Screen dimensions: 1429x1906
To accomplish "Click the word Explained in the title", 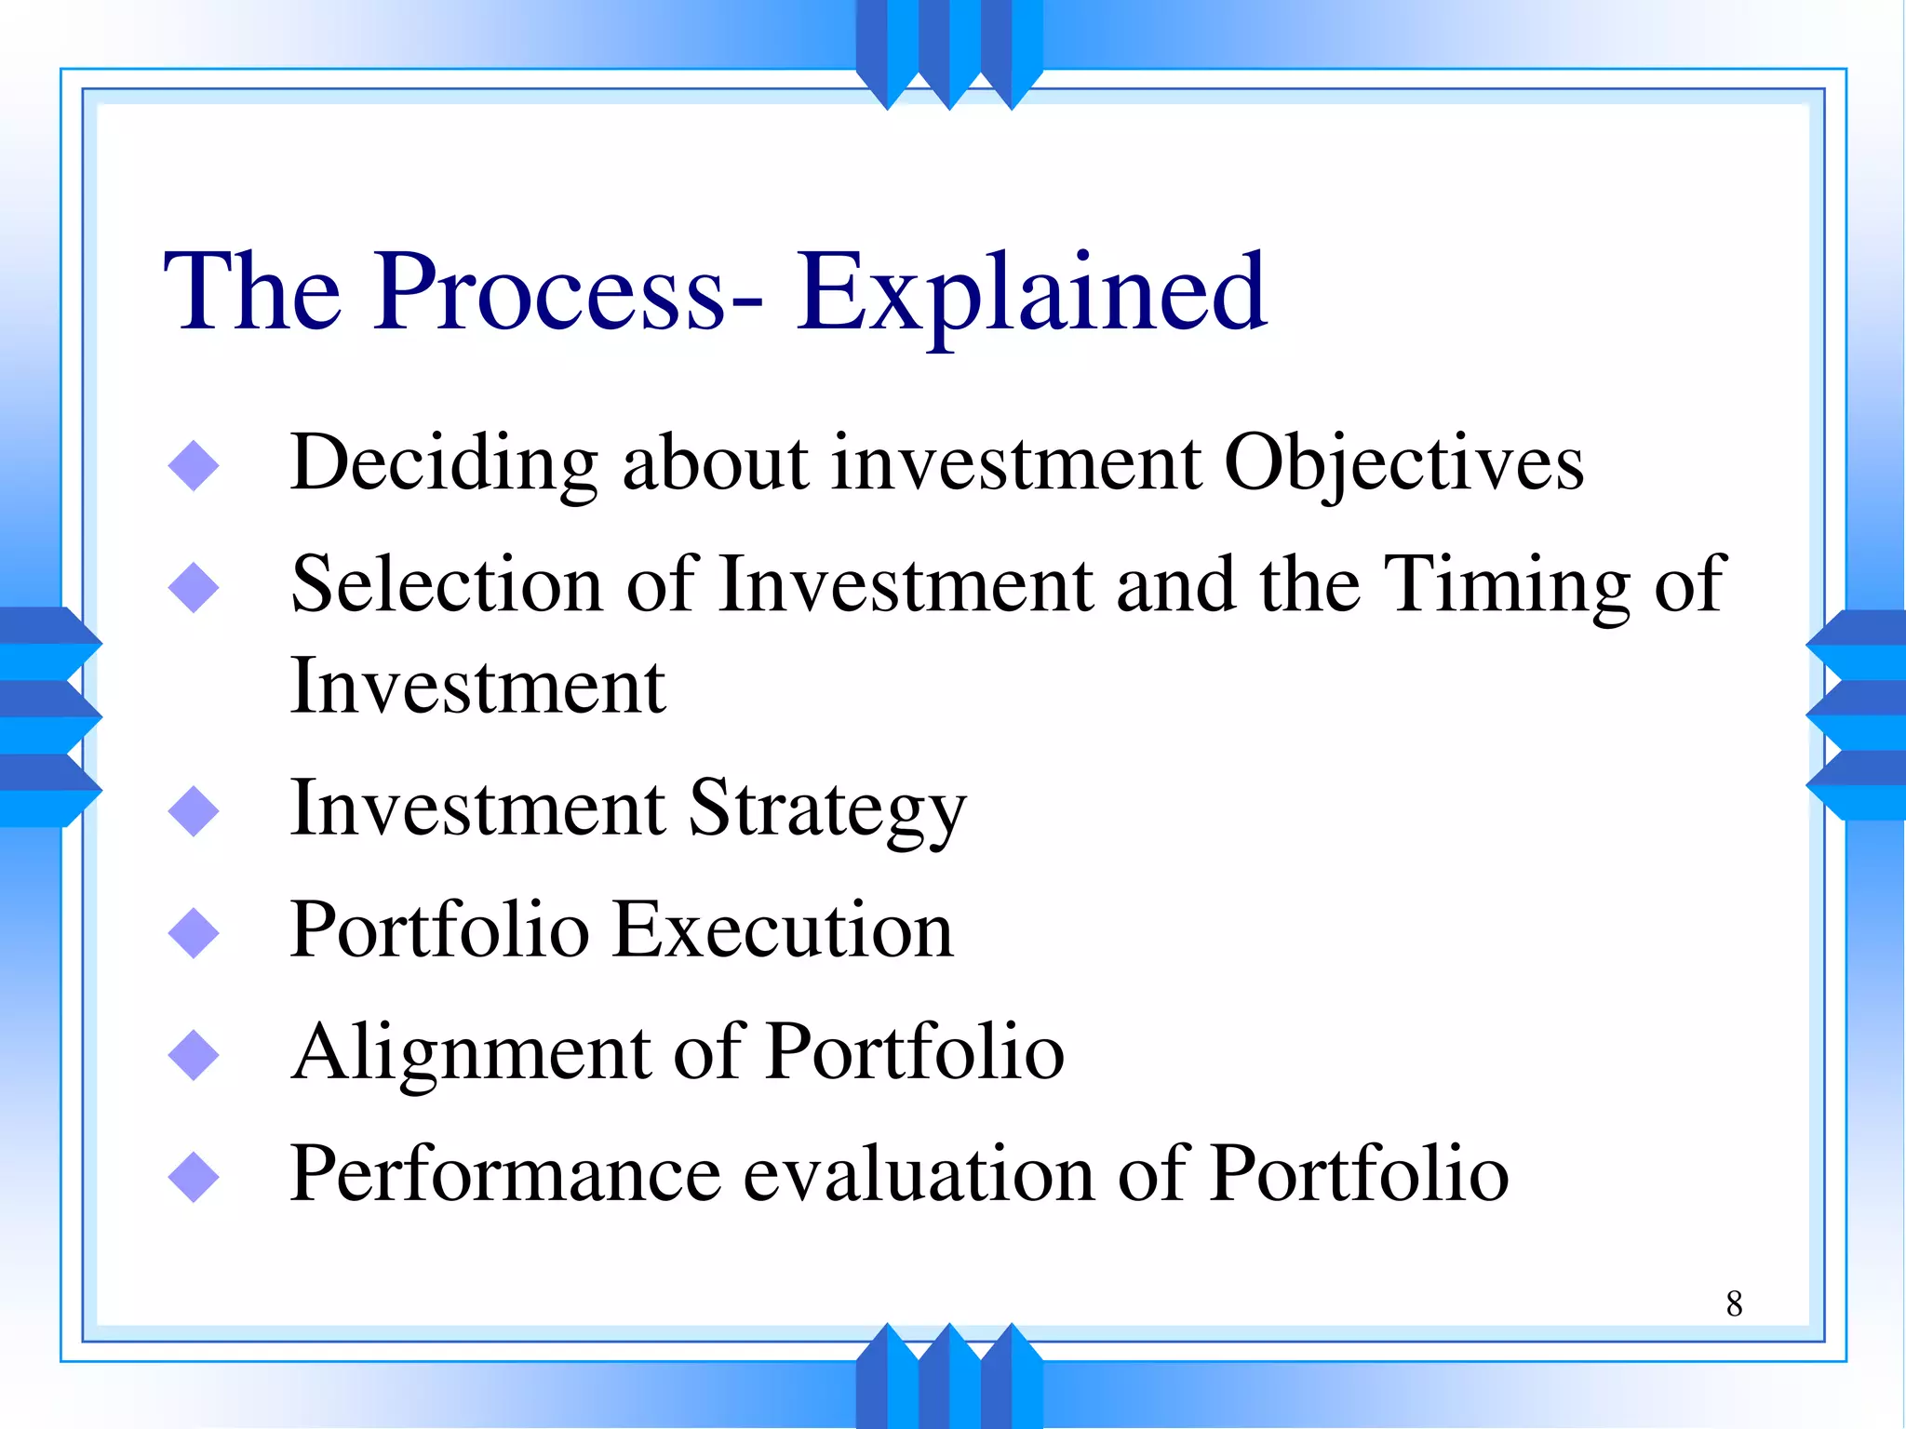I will point(1031,293).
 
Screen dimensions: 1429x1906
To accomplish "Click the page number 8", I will point(1734,1304).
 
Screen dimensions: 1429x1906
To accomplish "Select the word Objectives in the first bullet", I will point(1403,464).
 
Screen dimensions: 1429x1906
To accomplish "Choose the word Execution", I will point(783,930).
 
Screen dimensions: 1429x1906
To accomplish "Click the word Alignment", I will point(471,1054).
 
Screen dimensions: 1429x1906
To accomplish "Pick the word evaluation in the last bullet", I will point(919,1174).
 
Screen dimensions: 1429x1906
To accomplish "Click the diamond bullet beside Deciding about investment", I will point(194,465).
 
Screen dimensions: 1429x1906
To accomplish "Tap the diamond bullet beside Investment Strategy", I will point(194,811).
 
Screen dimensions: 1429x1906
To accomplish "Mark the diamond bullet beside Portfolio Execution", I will point(194,932).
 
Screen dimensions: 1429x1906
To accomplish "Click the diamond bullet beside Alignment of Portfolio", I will point(194,1054).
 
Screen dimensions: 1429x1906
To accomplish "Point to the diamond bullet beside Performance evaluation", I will point(194,1176).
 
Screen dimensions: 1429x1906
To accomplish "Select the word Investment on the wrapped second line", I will point(477,688).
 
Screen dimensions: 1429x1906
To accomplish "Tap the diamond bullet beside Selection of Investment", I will point(194,587).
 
